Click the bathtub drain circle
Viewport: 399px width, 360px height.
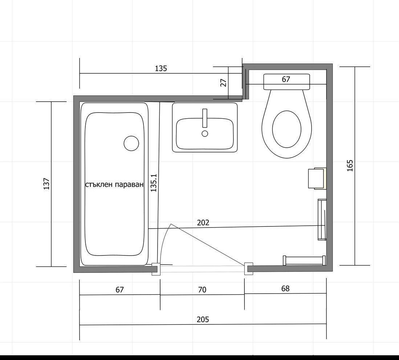click(131, 143)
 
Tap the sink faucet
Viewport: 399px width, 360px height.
click(205, 118)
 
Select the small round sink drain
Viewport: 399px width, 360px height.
click(205, 133)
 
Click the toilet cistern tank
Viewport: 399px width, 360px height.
click(286, 82)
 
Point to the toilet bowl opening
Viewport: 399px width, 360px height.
click(286, 129)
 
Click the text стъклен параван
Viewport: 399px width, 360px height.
click(114, 184)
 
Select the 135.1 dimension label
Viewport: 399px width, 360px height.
click(154, 183)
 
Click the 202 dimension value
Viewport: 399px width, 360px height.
click(203, 222)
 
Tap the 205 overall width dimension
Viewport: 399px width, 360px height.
click(203, 319)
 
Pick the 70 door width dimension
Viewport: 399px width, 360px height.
click(202, 290)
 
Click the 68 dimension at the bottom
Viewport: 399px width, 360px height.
click(285, 288)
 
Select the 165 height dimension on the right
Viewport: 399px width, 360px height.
click(350, 165)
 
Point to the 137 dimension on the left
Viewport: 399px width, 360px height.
click(46, 184)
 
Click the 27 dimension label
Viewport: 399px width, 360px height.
click(223, 83)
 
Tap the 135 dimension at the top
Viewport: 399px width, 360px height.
click(161, 68)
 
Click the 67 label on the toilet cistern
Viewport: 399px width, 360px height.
click(286, 79)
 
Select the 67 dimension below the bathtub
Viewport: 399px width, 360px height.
click(119, 290)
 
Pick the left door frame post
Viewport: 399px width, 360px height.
click(156, 269)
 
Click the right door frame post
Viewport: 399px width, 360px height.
click(249, 269)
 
